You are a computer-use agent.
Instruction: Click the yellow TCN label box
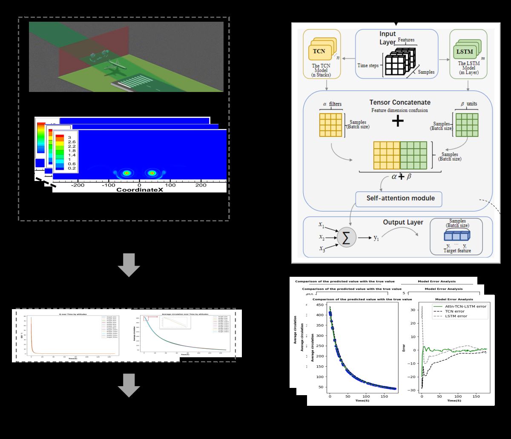click(319, 51)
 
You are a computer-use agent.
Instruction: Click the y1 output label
click(376, 238)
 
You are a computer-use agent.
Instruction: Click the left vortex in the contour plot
click(126, 173)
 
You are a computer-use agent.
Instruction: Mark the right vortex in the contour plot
click(152, 173)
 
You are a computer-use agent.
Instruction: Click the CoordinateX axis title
click(139, 190)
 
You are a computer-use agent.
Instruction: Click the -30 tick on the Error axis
click(413, 390)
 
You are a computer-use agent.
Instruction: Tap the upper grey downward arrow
click(129, 265)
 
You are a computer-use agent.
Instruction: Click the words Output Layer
click(403, 222)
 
